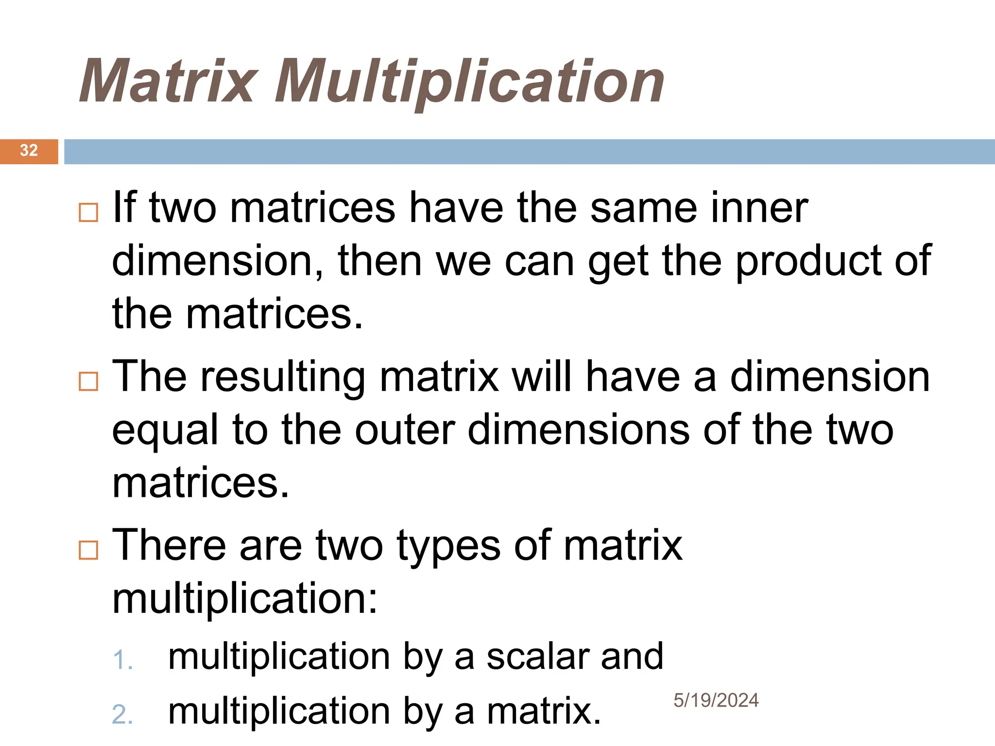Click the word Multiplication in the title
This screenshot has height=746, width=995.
(x=469, y=81)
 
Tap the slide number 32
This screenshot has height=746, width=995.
(x=29, y=151)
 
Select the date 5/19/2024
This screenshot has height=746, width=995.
(x=716, y=700)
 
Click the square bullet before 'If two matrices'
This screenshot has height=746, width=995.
(x=88, y=212)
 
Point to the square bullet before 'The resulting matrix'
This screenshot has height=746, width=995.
(x=88, y=381)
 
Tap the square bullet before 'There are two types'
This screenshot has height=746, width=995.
(x=88, y=550)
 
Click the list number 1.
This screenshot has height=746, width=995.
(x=122, y=661)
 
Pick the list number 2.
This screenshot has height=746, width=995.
(x=122, y=715)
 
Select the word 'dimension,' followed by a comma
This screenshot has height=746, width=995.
(x=218, y=261)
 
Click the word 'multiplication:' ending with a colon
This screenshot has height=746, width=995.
(x=245, y=598)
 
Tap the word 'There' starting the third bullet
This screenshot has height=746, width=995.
(x=169, y=545)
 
